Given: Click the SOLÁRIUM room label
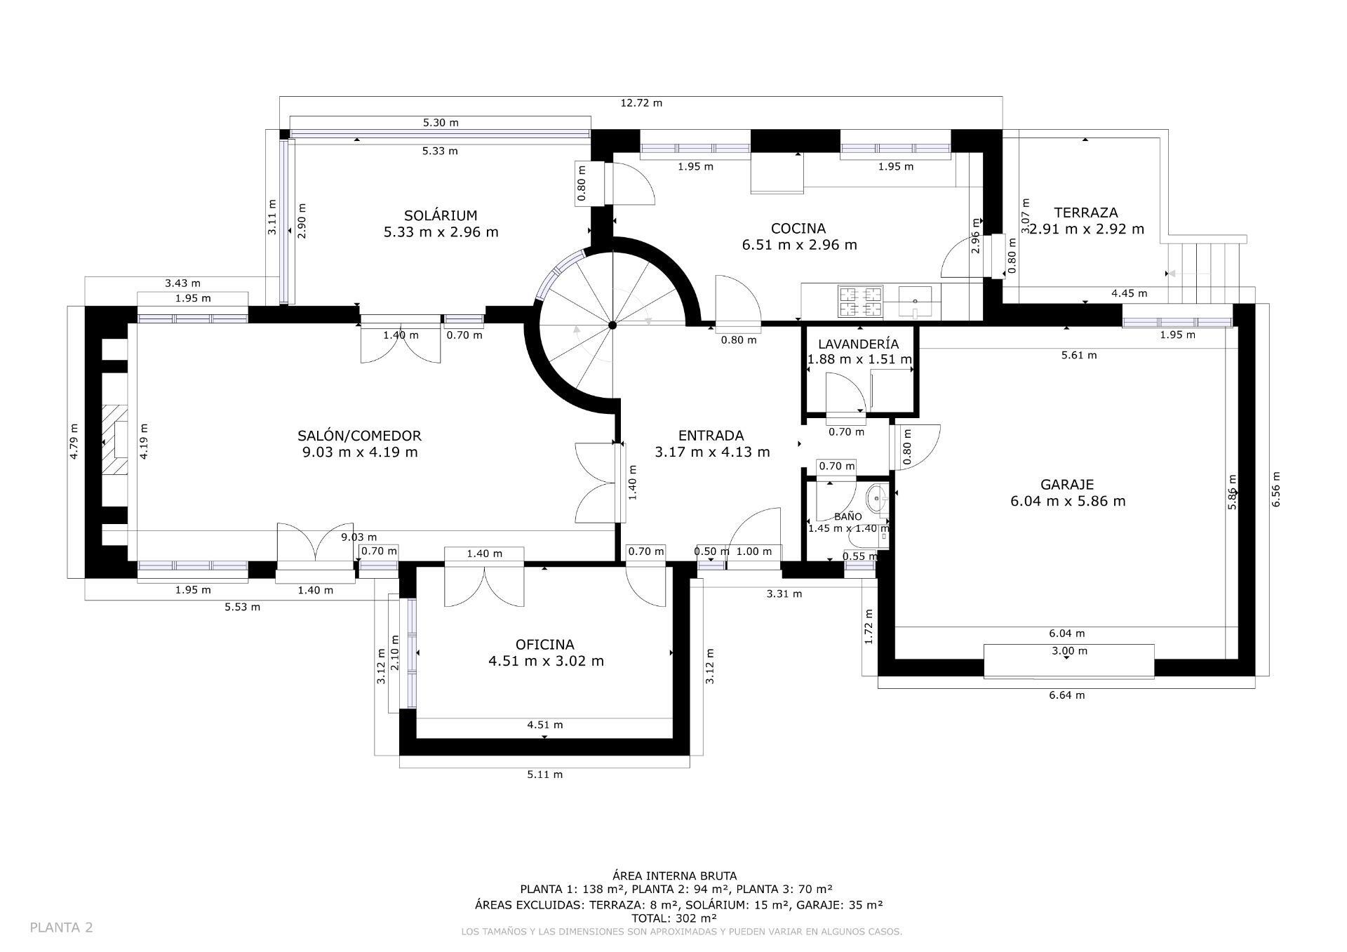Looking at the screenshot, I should (x=441, y=215).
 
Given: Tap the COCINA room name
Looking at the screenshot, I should (x=798, y=228).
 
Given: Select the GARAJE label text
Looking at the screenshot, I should (x=1067, y=484).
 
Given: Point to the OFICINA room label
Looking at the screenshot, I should (x=544, y=644).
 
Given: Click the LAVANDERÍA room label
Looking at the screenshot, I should (x=858, y=344).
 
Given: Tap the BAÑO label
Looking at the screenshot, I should (x=847, y=516).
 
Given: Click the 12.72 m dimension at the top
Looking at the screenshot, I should (x=641, y=103).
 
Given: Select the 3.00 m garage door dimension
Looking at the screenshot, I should (x=1069, y=651).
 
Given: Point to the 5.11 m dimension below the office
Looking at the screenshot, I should (x=544, y=775).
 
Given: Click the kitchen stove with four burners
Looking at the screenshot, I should (x=860, y=302).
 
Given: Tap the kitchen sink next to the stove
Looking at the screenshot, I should (x=914, y=300).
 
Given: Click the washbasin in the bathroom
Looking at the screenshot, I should (x=876, y=500).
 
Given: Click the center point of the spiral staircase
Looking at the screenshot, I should (x=612, y=325).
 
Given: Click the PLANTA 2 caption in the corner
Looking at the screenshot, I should (x=61, y=927).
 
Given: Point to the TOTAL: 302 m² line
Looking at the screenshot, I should (x=673, y=918).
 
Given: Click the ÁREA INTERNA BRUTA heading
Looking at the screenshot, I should (x=674, y=876).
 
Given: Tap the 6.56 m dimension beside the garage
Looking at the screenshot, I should (x=1275, y=489).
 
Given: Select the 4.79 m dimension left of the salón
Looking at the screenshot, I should (x=74, y=441).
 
